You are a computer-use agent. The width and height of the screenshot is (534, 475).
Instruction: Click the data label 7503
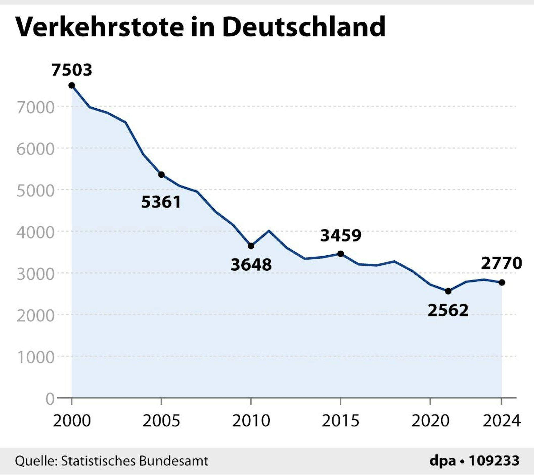coord(72,70)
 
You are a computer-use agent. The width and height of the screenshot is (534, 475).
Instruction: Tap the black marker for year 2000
coord(72,85)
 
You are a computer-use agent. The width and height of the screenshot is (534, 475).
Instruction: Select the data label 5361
coord(161,202)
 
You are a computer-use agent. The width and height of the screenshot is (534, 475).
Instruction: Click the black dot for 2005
coord(161,175)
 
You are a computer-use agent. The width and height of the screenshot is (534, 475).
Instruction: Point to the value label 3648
coord(251,265)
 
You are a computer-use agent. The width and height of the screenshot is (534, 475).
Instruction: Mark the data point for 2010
coord(251,246)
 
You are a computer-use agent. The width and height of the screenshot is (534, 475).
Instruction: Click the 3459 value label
coord(341,236)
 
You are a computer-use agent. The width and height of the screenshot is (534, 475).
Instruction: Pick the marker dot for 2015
coord(340,254)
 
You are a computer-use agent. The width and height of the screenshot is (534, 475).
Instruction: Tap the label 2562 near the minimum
coord(448,310)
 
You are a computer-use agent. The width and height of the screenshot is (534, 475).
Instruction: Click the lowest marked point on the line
coord(448,291)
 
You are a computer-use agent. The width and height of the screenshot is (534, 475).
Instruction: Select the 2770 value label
coord(501,263)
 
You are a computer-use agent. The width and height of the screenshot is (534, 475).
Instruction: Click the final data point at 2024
coord(502,282)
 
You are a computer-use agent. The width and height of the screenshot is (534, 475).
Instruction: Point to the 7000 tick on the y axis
coord(36,108)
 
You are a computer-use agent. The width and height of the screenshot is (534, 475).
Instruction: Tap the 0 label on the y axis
coord(50,399)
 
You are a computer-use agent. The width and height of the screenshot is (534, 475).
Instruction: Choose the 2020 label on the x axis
coord(430,421)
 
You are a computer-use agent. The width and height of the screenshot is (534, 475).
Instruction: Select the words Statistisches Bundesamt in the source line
coord(135,461)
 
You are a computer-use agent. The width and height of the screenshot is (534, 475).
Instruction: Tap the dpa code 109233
coord(494,461)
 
